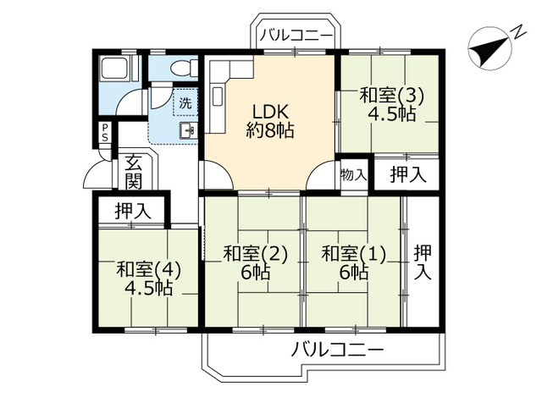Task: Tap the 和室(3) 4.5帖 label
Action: coord(390,105)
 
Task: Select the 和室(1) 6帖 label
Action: coord(354,262)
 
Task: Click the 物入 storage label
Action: coord(354,175)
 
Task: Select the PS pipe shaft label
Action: coord(104,135)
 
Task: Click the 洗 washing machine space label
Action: coord(185,103)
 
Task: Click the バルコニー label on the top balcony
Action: coord(296,35)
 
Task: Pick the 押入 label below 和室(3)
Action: coord(407,175)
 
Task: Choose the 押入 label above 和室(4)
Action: coord(132,212)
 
